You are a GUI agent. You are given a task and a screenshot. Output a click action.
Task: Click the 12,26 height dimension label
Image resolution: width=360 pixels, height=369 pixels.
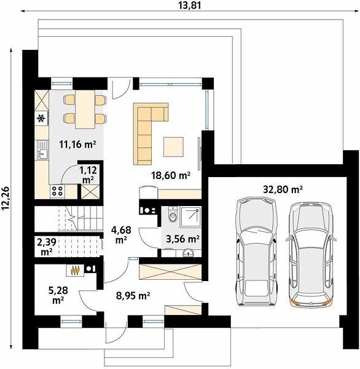[x=5, y=198]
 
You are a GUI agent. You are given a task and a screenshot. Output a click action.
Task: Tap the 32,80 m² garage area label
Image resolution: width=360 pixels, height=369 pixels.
[x=283, y=189]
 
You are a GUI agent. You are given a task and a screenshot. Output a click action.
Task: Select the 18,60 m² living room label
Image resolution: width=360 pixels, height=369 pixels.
[x=171, y=175]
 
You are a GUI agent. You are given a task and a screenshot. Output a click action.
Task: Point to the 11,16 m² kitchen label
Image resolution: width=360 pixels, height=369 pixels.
[x=77, y=144]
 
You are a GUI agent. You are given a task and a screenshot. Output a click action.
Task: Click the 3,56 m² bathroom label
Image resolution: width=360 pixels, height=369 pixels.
[x=182, y=239]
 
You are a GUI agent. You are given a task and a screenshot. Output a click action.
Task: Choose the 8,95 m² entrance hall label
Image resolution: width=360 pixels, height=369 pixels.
[x=133, y=295]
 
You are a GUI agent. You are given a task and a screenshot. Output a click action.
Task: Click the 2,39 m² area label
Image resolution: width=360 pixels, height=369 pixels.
[x=47, y=247]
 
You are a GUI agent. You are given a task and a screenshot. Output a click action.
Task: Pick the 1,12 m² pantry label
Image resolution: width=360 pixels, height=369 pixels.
[x=88, y=175]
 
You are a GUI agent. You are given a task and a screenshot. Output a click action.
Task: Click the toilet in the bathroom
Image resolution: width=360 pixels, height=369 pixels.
[x=173, y=214]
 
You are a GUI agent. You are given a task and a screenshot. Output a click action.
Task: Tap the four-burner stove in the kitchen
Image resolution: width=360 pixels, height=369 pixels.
[x=57, y=191]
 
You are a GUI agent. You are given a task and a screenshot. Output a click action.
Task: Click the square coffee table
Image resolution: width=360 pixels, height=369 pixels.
[x=173, y=147]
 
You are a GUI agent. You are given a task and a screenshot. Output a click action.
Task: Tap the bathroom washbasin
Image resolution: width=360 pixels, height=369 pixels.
[x=188, y=253]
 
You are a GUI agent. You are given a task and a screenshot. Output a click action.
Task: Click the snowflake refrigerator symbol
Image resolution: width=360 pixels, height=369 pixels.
[x=41, y=118]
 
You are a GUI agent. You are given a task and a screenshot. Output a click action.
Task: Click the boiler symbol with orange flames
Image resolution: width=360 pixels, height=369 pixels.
[x=75, y=271]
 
